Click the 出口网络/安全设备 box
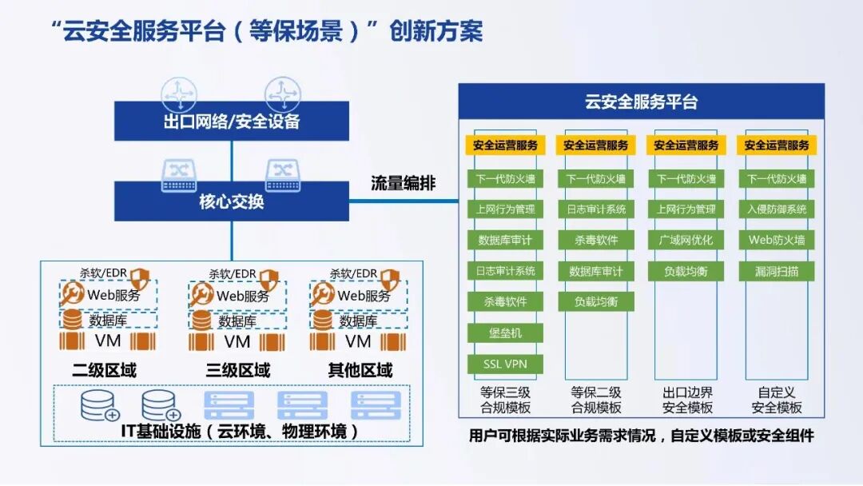click(232, 121)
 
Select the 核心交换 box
click(232, 201)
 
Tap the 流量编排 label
click(404, 183)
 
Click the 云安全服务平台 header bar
click(641, 102)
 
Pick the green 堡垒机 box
click(505, 333)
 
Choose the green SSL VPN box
click(505, 364)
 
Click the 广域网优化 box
click(686, 240)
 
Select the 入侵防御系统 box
click(777, 209)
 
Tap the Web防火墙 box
click(777, 240)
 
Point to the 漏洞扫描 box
click(777, 271)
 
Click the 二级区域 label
click(104, 371)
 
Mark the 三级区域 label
click(237, 371)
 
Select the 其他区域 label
click(360, 371)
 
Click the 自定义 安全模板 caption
click(777, 400)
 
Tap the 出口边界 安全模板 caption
click(686, 400)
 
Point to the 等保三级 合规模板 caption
click(505, 400)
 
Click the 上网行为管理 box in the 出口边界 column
click(686, 209)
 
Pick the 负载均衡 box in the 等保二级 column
click(595, 301)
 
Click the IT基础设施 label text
click(232, 432)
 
